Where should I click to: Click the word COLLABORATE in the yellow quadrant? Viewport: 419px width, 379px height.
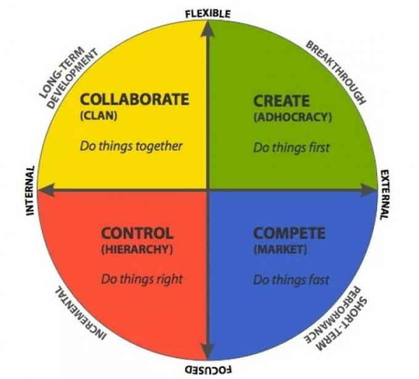134,98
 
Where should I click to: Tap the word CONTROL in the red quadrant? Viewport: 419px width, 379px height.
137,233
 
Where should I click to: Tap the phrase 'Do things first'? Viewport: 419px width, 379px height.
291,148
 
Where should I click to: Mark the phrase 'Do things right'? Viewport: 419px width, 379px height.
142,279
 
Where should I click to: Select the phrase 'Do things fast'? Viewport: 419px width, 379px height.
291,280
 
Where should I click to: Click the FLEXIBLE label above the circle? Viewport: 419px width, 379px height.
208,13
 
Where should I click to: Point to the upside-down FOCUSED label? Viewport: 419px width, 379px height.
208,369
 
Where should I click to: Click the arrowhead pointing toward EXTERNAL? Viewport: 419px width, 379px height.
371,190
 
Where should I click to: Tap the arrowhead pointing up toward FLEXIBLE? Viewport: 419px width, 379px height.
209,27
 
